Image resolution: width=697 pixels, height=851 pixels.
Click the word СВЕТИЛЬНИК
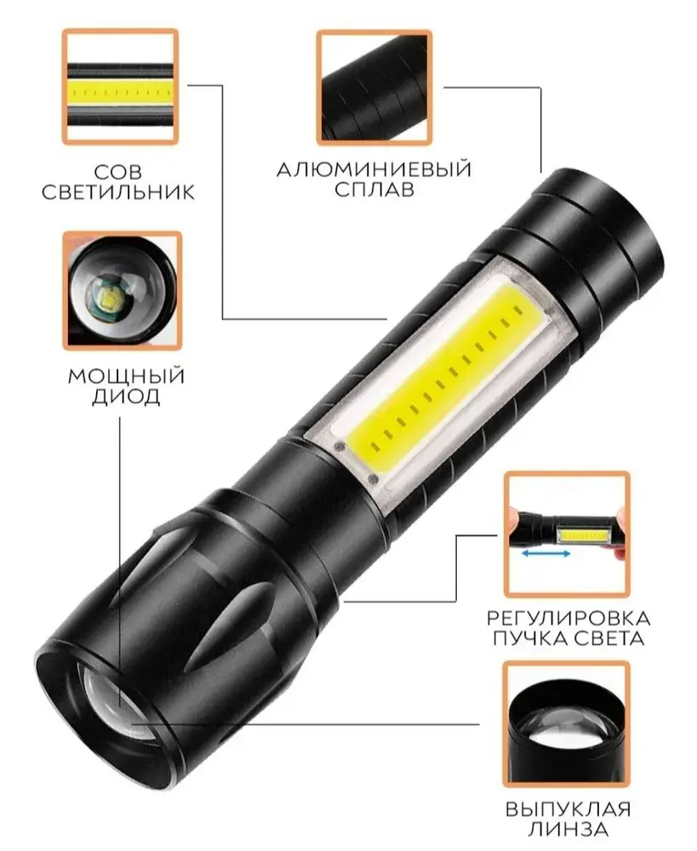117,192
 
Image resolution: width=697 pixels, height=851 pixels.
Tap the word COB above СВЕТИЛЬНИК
117,172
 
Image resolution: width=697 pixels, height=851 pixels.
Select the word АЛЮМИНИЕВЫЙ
374,169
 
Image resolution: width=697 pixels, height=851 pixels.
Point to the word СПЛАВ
374,190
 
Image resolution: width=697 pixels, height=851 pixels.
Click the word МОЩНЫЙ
126,376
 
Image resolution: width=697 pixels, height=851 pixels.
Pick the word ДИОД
126,397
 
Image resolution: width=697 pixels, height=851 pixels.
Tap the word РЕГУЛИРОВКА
568,618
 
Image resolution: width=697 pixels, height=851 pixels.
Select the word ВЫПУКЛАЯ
568,809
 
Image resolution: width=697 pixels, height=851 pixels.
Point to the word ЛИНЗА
568,829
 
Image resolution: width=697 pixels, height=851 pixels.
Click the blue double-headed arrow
546,554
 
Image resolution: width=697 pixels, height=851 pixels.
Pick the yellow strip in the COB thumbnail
120,93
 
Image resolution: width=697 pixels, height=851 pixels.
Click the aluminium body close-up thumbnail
374,88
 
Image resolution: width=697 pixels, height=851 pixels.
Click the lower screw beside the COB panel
373,479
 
